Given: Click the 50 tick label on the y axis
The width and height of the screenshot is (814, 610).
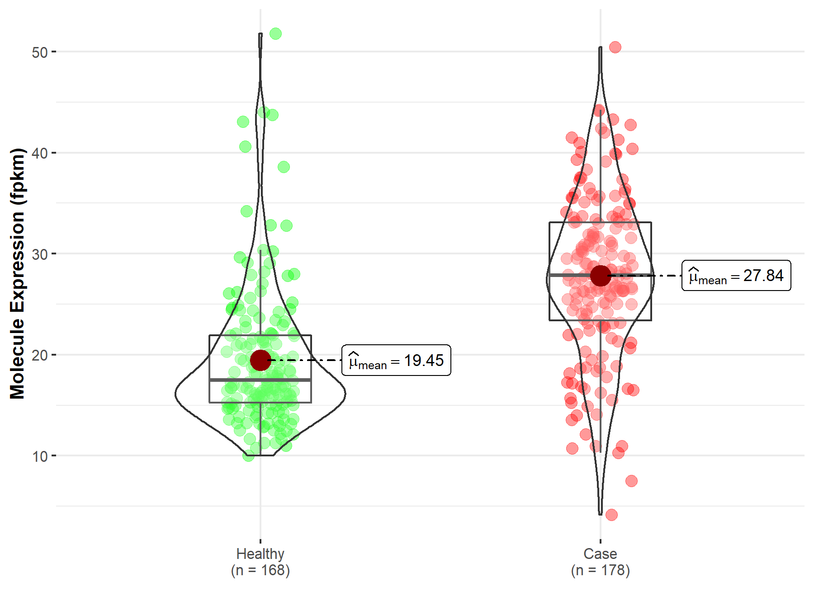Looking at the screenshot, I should pyautogui.click(x=40, y=52).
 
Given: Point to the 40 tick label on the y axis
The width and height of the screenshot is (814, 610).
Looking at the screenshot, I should pyautogui.click(x=40, y=153).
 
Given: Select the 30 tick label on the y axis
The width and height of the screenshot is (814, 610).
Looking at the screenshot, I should pyautogui.click(x=40, y=254).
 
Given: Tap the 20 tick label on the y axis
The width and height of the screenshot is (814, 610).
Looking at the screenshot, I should pyautogui.click(x=40, y=355).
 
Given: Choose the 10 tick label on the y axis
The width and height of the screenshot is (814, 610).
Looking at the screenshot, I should pyautogui.click(x=40, y=456).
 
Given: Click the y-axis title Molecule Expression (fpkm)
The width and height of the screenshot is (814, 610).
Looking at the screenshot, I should pyautogui.click(x=17, y=273).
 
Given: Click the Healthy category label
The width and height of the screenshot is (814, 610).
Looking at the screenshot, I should pyautogui.click(x=260, y=554).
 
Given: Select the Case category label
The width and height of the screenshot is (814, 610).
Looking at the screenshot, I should pyautogui.click(x=600, y=554).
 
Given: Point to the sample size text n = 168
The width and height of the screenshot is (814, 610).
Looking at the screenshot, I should pyautogui.click(x=260, y=570).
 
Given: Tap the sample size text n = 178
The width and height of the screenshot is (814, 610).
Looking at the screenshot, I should pyautogui.click(x=600, y=570).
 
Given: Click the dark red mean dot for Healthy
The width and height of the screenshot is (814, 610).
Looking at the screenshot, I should pyautogui.click(x=260, y=360).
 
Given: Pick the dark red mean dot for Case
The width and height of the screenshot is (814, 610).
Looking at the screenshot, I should pyautogui.click(x=601, y=276).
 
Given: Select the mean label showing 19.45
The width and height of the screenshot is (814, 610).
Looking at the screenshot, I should pyautogui.click(x=396, y=360).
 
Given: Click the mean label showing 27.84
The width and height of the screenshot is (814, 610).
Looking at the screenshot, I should pyautogui.click(x=736, y=276).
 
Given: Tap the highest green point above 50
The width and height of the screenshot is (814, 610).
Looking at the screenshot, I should pyautogui.click(x=275, y=33).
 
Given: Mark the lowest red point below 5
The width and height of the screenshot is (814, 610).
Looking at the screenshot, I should pyautogui.click(x=611, y=515).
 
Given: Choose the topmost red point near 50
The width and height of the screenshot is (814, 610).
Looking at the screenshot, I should pyautogui.click(x=615, y=47).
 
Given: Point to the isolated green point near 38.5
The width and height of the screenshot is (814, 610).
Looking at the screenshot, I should pyautogui.click(x=284, y=167).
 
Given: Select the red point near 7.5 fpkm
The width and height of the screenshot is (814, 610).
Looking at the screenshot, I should pyautogui.click(x=631, y=481).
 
